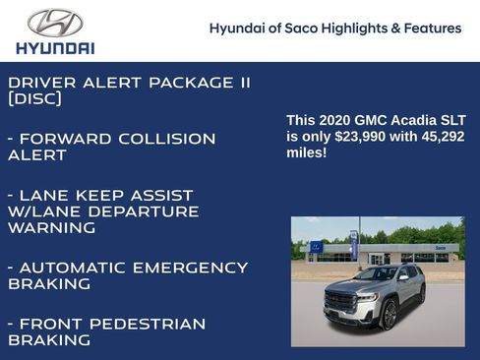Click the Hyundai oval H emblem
click(x=55, y=22)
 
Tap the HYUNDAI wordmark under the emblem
click(x=55, y=47)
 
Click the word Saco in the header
click(x=303, y=29)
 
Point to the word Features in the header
click(x=434, y=29)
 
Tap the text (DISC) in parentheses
click(x=35, y=99)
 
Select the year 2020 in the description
click(x=333, y=120)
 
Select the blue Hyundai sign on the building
click(x=316, y=247)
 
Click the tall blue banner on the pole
click(x=353, y=244)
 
